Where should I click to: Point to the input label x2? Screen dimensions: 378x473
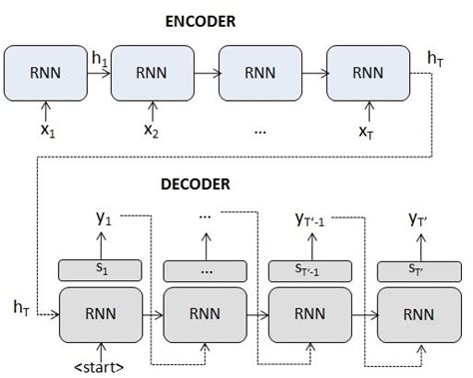[150, 131]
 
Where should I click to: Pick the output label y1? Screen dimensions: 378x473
[98, 218]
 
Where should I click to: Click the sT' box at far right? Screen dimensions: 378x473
[415, 269]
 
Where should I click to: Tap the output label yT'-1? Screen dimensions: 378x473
[310, 218]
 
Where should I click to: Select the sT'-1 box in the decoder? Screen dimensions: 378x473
[309, 269]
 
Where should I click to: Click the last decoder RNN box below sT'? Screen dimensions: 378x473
[415, 311]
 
